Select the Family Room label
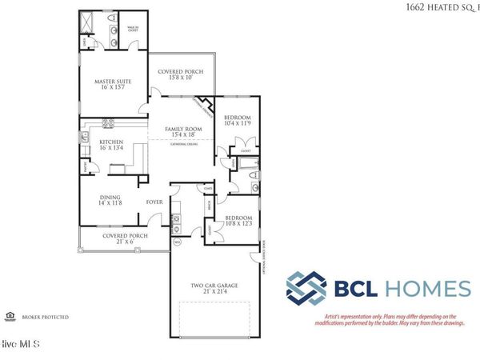point(183,133)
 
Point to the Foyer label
point(154,202)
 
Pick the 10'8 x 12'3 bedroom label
point(238,221)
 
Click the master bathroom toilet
point(113,18)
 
